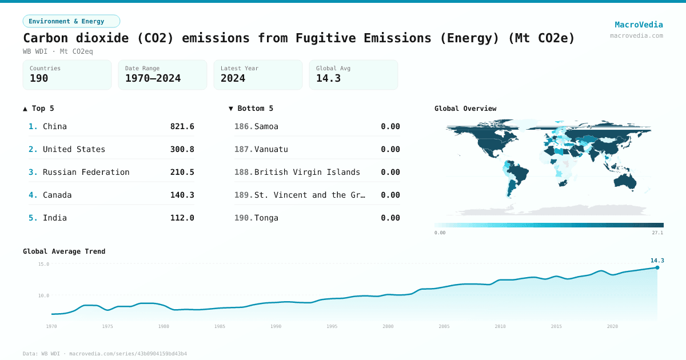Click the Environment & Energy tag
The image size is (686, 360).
[x=71, y=21]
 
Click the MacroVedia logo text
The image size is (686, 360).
[x=639, y=25]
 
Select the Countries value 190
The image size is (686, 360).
[x=39, y=78]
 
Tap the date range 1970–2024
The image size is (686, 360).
[x=153, y=78]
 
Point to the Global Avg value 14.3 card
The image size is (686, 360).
[x=353, y=75]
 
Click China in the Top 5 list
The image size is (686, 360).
[x=55, y=126]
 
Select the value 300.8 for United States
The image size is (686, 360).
[x=182, y=149]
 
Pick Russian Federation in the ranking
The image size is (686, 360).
[x=86, y=172]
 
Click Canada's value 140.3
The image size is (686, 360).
[x=182, y=195]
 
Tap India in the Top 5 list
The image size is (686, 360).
[x=55, y=218]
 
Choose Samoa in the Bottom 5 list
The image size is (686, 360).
[x=266, y=126]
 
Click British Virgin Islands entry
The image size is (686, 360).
[x=307, y=172]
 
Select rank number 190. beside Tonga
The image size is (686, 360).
[x=244, y=218]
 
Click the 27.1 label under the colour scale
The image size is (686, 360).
[x=657, y=233]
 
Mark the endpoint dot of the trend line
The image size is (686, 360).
[x=657, y=267]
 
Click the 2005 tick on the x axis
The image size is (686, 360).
[x=444, y=326]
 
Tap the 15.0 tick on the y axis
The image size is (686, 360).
[x=43, y=264]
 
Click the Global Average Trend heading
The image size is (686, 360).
[x=64, y=251]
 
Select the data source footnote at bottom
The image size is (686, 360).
[x=105, y=354]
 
